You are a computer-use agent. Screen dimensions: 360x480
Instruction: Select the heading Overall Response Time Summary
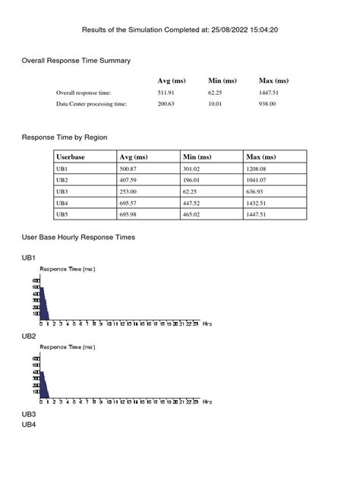76,60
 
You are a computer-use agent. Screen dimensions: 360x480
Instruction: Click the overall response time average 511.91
166,93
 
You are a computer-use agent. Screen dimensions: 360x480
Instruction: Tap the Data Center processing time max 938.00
267,104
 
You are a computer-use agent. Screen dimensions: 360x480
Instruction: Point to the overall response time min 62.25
216,93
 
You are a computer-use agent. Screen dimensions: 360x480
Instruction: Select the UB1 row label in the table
62,168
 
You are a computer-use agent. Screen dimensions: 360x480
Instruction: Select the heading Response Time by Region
65,137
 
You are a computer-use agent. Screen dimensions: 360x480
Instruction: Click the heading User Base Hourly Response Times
78,238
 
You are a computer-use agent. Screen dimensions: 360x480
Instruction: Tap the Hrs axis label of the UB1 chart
207,323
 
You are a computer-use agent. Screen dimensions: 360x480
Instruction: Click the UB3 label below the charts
29,414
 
